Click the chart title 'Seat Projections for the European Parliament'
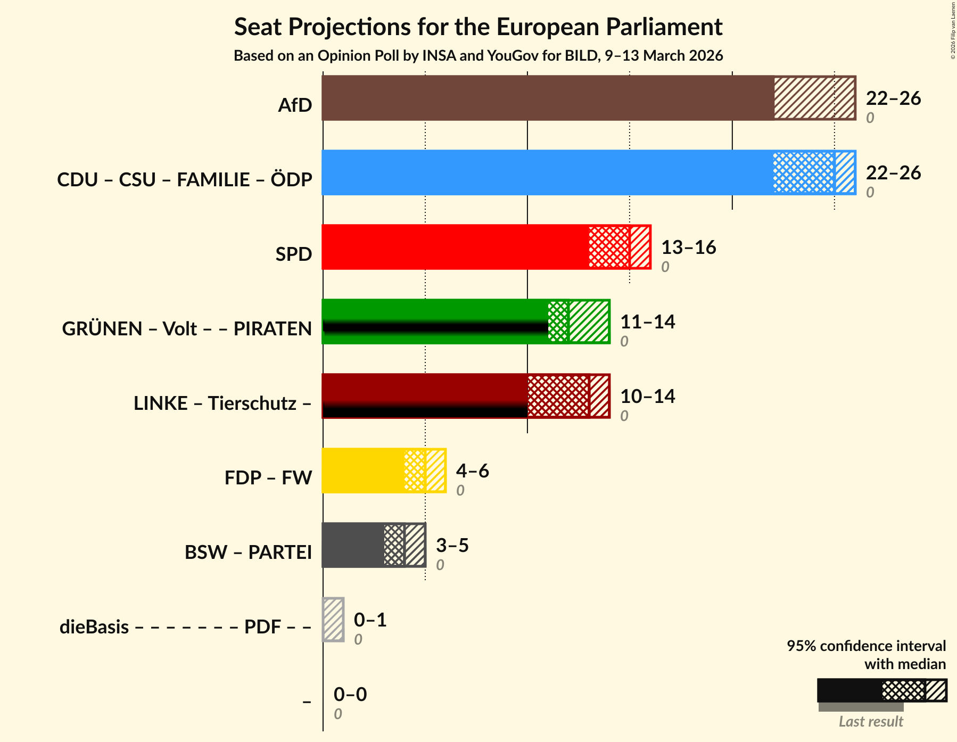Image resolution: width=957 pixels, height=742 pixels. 478,27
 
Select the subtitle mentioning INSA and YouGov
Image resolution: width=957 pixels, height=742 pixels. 478,56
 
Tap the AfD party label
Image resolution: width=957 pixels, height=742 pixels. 295,105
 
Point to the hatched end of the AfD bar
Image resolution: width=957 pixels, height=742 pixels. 814,98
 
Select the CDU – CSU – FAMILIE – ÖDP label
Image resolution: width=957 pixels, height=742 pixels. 184,180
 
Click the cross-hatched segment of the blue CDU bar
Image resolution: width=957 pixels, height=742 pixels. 803,172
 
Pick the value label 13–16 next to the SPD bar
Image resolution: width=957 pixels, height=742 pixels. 688,248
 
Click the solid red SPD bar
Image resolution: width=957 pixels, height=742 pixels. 455,247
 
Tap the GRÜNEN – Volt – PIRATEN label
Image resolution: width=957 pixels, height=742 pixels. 187,329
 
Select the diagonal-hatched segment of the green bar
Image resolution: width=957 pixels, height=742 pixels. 589,321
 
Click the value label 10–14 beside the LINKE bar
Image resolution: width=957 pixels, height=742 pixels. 647,397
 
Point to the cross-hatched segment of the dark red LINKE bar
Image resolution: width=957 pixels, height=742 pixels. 558,396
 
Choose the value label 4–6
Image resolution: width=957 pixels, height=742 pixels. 472,471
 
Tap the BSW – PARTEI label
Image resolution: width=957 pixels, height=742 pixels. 248,553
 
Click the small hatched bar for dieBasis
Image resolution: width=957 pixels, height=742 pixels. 333,620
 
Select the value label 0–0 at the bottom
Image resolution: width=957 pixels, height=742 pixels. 350,695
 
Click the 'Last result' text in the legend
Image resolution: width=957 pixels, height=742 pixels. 871,722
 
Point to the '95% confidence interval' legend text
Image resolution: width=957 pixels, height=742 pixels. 866,646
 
